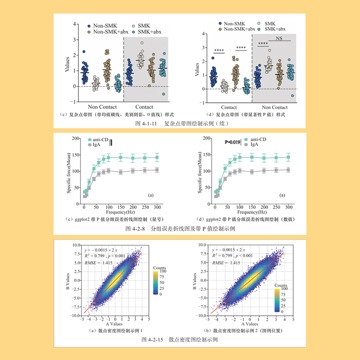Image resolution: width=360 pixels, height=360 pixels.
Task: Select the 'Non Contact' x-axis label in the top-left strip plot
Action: pyautogui.click(x=103, y=107)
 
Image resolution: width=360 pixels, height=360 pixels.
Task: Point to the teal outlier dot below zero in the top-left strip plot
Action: pyautogui.click(x=164, y=94)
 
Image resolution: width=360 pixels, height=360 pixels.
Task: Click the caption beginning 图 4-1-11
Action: pyautogui.click(x=180, y=123)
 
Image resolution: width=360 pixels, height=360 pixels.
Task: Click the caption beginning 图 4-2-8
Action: pyautogui.click(x=180, y=229)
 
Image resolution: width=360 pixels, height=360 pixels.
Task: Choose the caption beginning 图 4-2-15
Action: pyautogui.click(x=180, y=339)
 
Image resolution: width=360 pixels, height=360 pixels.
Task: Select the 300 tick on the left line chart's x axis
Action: pyautogui.click(x=157, y=206)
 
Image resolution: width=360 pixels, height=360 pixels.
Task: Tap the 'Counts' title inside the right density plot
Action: pyautogui.click(x=281, y=285)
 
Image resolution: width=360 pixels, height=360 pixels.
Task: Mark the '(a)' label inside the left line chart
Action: pyautogui.click(x=152, y=196)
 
